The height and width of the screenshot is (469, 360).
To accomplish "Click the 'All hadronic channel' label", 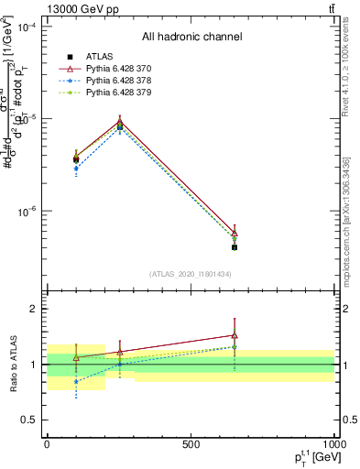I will tap(191, 37).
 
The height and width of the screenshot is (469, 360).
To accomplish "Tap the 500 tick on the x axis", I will tap(191, 444).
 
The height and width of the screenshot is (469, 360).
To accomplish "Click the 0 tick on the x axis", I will tap(47, 444).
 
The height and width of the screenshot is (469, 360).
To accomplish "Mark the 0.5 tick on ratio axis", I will tap(30, 420).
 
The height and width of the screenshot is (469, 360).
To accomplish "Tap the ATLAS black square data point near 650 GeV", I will tap(235, 247).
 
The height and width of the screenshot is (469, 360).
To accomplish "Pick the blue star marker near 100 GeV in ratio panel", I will tap(76, 381).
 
